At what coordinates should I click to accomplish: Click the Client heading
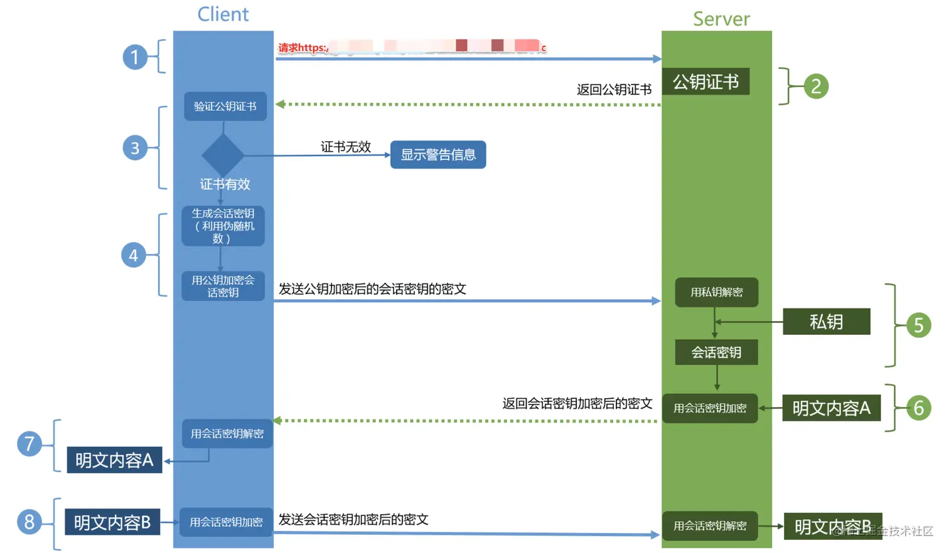[x=223, y=14]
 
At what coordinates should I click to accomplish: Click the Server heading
[x=721, y=19]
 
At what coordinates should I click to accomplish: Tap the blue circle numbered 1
[x=134, y=57]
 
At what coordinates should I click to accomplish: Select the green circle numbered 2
[x=815, y=86]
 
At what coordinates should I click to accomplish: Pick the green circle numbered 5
[x=918, y=325]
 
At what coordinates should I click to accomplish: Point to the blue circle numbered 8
[x=29, y=522]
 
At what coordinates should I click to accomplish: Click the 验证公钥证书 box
[x=225, y=106]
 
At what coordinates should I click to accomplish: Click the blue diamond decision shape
[x=223, y=155]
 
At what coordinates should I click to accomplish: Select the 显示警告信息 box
[x=438, y=155]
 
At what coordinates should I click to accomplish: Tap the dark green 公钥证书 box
[x=705, y=82]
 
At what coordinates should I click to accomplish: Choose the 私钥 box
[x=826, y=322]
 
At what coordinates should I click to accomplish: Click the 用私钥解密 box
[x=716, y=292]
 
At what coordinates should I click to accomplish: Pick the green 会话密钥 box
[x=716, y=352]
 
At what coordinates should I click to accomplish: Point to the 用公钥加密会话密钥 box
[x=223, y=286]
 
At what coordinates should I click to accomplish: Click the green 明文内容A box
[x=831, y=408]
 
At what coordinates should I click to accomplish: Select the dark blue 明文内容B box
[x=112, y=522]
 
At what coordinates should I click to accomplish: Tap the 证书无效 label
[x=346, y=147]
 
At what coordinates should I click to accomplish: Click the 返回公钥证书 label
[x=614, y=90]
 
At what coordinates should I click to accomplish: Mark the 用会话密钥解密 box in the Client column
[x=227, y=434]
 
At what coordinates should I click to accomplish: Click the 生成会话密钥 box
[x=223, y=226]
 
